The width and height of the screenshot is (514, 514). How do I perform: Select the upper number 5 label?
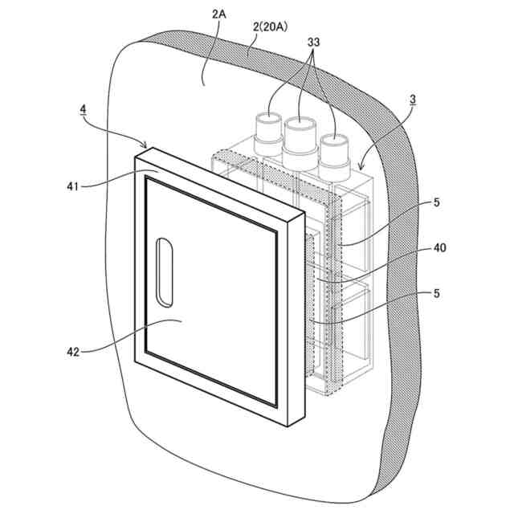coord(437,202)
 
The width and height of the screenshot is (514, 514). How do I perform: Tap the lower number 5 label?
coord(437,294)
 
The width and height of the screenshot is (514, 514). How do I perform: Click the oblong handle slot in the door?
coord(164,271)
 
